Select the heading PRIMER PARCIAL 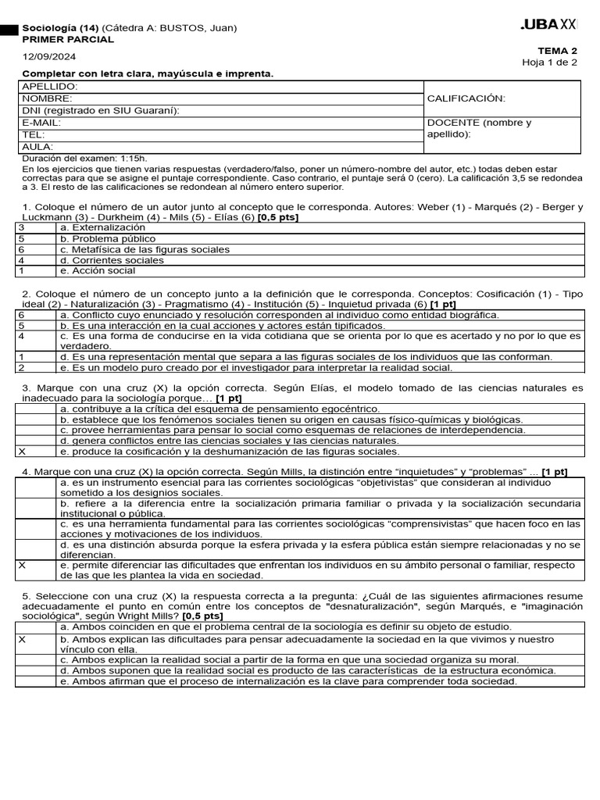click(x=68, y=39)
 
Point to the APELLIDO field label click(x=50, y=86)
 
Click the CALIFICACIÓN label click(x=466, y=98)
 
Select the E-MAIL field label click(x=41, y=123)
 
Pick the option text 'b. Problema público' click(x=108, y=238)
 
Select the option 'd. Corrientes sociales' click(x=112, y=260)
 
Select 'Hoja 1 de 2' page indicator click(x=550, y=62)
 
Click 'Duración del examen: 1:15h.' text click(x=84, y=159)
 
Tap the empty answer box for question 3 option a click(x=36, y=409)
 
